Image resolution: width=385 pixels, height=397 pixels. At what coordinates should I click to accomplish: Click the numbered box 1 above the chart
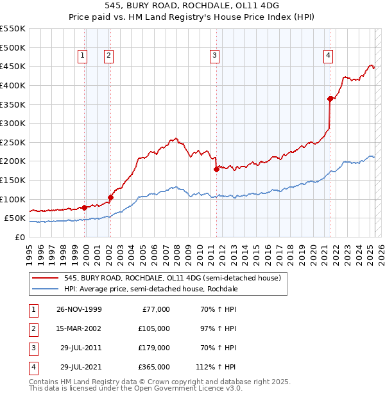pos(83,56)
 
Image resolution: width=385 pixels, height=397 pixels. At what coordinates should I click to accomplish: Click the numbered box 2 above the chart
pos(108,56)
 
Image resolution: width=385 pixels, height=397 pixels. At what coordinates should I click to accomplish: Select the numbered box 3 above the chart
pos(214,56)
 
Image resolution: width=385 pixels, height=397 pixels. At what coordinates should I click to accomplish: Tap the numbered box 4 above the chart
pos(328,56)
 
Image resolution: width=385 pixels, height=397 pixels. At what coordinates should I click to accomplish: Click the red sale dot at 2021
pos(330,99)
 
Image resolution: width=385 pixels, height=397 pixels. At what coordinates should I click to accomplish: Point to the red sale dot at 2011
pos(216,169)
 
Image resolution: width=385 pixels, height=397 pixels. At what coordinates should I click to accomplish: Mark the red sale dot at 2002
pos(110,197)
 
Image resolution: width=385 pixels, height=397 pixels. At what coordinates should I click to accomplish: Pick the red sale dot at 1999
pos(85,207)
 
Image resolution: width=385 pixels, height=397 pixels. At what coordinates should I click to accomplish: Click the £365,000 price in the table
pos(154,367)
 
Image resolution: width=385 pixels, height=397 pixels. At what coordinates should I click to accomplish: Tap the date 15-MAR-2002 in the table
pos(78,328)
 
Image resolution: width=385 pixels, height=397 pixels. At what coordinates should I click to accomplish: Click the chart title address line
pos(193,8)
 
